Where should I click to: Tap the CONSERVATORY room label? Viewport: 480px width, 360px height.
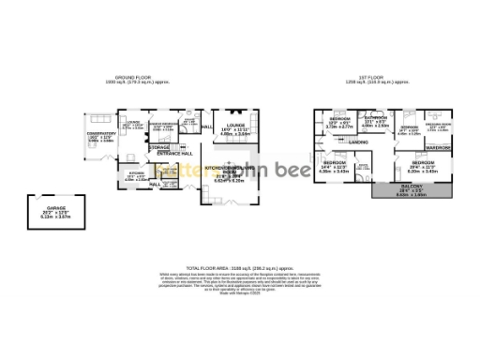pos(103,134)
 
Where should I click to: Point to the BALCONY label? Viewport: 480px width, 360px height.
pos(411,190)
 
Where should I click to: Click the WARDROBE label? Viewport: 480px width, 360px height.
pos(438,148)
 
